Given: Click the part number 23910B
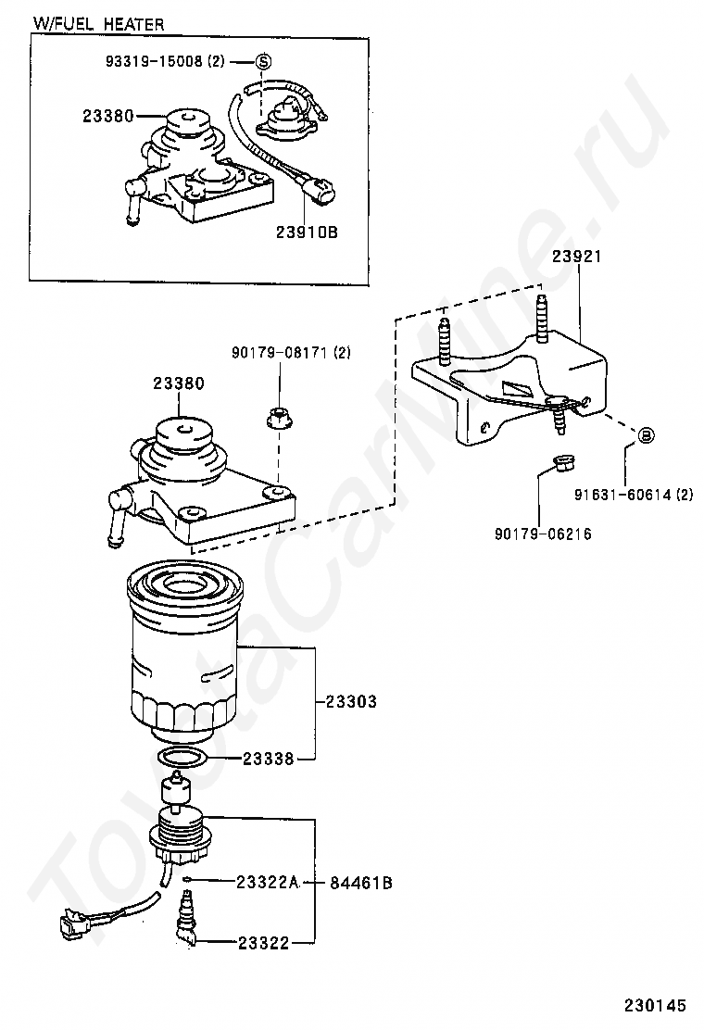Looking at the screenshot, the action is [307, 232].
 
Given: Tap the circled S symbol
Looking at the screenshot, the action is [263, 62].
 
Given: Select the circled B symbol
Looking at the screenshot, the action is [646, 434].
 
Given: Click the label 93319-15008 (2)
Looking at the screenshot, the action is [165, 62].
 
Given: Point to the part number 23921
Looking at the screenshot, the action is [576, 257].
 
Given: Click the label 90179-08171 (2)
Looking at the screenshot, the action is [291, 353].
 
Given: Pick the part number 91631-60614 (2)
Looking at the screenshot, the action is [634, 495].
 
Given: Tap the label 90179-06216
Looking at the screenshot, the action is [543, 534].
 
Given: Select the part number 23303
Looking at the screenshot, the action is [351, 701].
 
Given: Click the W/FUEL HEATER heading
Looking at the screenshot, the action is [98, 24].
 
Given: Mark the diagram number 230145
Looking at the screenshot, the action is [655, 1005].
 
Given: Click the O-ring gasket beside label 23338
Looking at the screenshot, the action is [184, 758].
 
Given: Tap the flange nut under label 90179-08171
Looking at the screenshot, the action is [279, 418].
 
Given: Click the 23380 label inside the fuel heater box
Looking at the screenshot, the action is [108, 117].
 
